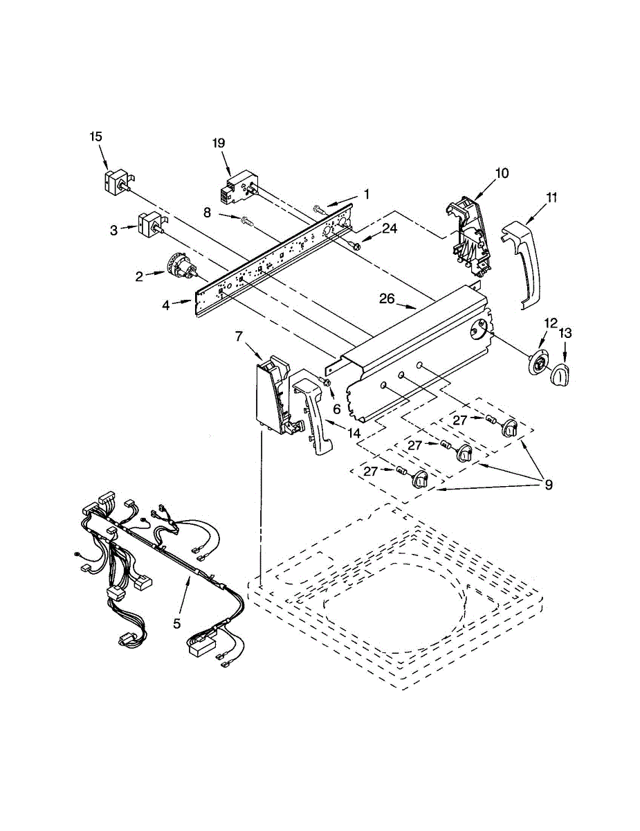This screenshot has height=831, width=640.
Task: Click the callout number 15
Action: [x=95, y=136]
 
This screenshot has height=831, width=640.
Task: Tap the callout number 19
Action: [x=219, y=143]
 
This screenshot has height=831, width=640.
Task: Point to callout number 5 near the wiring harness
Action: [x=177, y=623]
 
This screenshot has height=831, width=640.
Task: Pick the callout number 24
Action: [x=390, y=228]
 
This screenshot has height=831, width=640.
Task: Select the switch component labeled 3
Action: [x=150, y=225]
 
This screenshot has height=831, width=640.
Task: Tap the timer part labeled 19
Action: [x=235, y=189]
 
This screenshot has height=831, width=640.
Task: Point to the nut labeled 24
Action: [x=356, y=246]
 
